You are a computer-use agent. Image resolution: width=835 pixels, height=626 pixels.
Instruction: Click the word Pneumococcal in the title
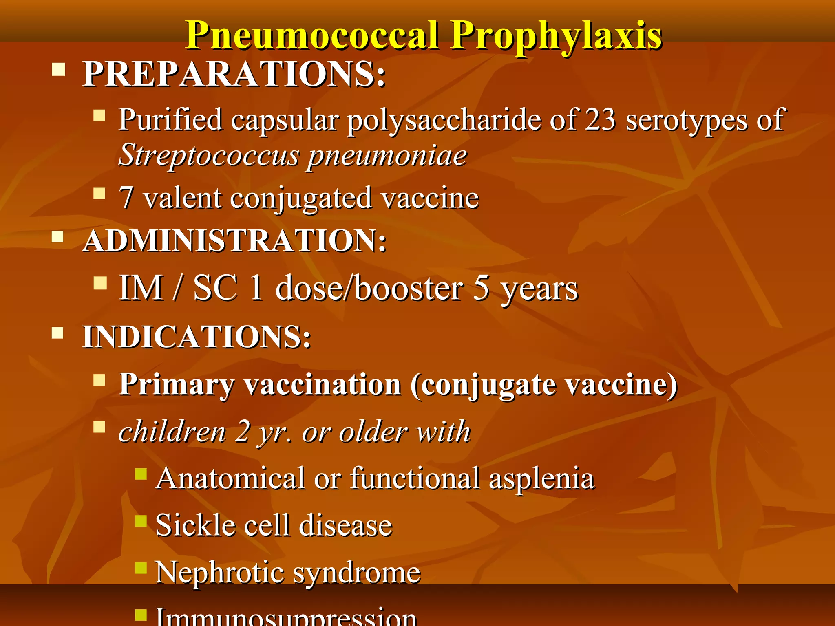(x=312, y=35)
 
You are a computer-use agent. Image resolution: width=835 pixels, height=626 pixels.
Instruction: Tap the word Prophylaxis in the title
(x=556, y=35)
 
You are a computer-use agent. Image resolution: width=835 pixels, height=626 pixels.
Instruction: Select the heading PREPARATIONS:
(x=234, y=74)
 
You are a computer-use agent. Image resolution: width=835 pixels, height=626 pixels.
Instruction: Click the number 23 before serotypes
(x=600, y=120)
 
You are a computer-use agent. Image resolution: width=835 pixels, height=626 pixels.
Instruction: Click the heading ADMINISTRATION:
(x=234, y=240)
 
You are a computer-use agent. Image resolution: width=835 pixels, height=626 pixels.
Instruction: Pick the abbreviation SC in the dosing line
(x=215, y=288)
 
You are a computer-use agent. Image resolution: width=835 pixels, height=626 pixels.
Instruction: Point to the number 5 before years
(x=481, y=288)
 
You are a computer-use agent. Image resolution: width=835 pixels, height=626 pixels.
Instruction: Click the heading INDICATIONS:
(x=197, y=337)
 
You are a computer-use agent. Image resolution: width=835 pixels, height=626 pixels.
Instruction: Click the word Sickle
(x=196, y=525)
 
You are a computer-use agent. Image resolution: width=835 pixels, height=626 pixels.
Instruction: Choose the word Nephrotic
(x=219, y=573)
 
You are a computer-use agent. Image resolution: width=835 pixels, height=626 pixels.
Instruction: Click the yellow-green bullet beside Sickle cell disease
(x=141, y=521)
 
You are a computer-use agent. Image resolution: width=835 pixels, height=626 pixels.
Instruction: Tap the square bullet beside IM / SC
(x=100, y=283)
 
